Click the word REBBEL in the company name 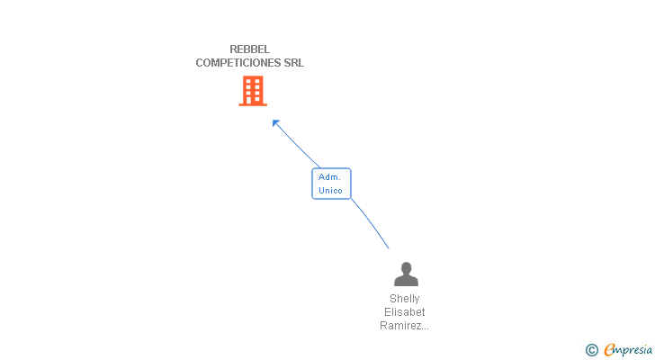pyautogui.click(x=250, y=49)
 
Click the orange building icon pyautogui.click(x=253, y=90)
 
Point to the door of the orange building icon pyautogui.click(x=253, y=100)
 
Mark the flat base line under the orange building pyautogui.click(x=253, y=104)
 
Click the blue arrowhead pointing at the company pyautogui.click(x=276, y=122)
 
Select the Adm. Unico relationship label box pyautogui.click(x=331, y=184)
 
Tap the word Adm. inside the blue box pyautogui.click(x=329, y=177)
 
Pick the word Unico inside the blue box pyautogui.click(x=330, y=191)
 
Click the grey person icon pyautogui.click(x=406, y=274)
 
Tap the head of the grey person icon pyautogui.click(x=406, y=267)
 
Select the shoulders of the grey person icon pyautogui.click(x=406, y=281)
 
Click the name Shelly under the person pyautogui.click(x=405, y=299)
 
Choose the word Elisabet pyautogui.click(x=405, y=312)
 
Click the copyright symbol pyautogui.click(x=592, y=350)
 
